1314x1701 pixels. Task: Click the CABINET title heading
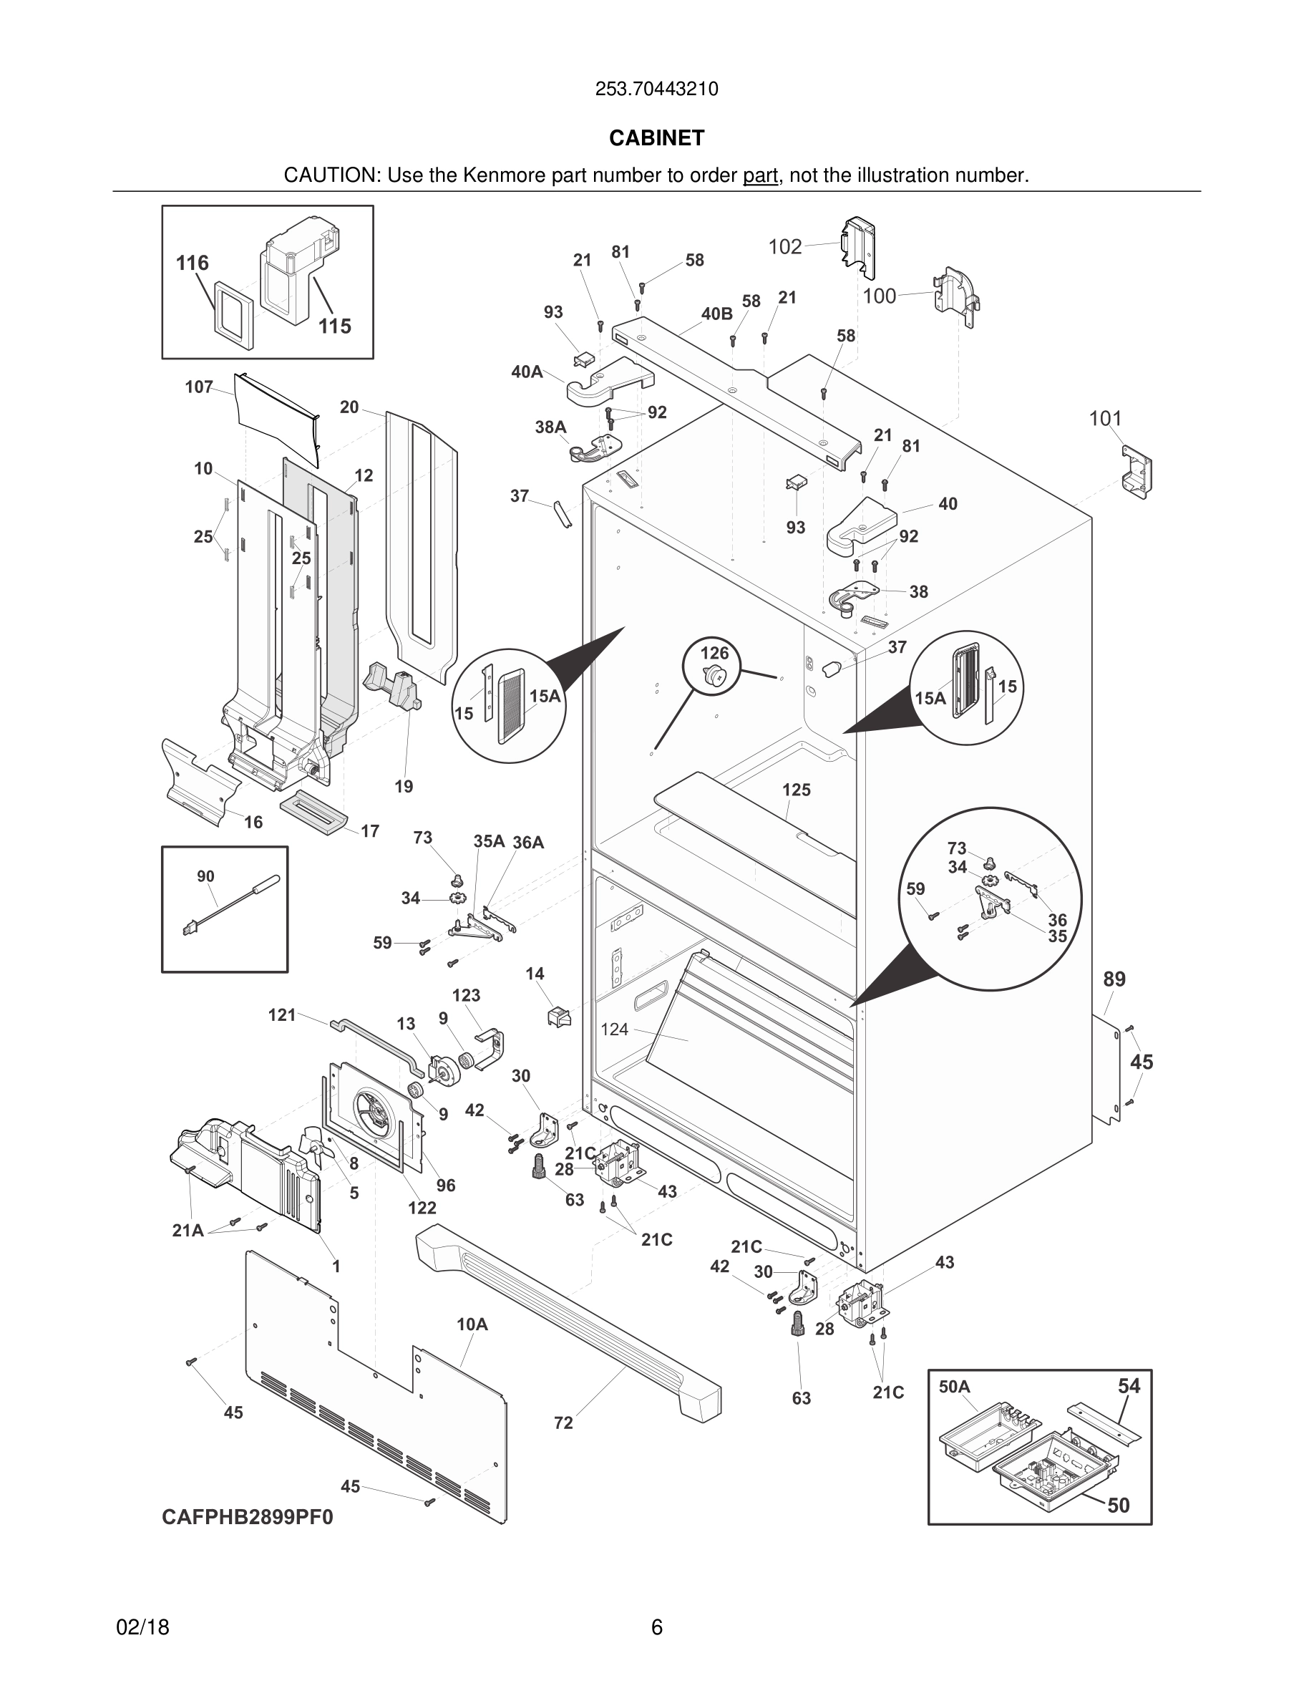656,138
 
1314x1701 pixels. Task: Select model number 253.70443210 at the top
656,89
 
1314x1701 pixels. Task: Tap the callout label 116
193,263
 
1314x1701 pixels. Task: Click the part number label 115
335,326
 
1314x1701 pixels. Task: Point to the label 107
199,387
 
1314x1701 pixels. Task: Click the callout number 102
784,247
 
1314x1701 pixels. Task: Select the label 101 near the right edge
1104,419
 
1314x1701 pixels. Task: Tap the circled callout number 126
714,653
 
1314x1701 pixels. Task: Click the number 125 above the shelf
797,790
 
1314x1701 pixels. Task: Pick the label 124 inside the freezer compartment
614,1029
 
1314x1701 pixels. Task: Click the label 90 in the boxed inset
205,877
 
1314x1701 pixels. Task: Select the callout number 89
1114,980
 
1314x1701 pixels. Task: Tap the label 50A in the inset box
954,1386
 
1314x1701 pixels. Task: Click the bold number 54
1129,1386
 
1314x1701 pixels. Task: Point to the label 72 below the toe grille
563,1423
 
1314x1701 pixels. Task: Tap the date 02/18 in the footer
142,1627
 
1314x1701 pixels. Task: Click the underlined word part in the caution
761,176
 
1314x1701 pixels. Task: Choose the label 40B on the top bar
717,314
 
